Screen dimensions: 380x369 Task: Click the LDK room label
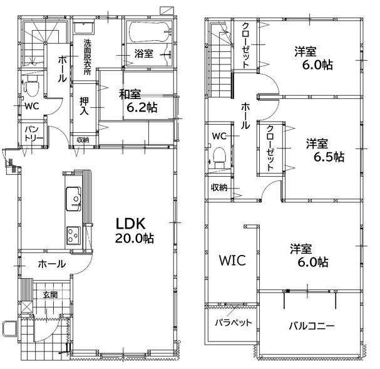[x=131, y=224]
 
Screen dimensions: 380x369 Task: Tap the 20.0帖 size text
[x=134, y=239]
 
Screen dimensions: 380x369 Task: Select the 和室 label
[x=130, y=95]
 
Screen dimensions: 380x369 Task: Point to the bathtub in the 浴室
[x=150, y=32]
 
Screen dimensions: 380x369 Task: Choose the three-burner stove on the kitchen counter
[x=74, y=235]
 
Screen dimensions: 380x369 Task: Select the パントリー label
[x=34, y=134]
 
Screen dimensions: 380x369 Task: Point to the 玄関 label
[x=51, y=295]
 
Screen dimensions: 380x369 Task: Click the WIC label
[x=232, y=261]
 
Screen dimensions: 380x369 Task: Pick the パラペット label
[x=234, y=323]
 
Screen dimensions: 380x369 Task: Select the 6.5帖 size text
[x=329, y=157]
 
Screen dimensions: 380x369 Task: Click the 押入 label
[x=85, y=107]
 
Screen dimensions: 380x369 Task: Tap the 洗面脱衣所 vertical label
[x=88, y=57]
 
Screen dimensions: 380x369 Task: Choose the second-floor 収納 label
[x=219, y=187]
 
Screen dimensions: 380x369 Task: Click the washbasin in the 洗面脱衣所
[x=84, y=28]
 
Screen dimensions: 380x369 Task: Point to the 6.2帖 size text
[x=142, y=107]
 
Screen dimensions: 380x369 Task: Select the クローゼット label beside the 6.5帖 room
[x=270, y=148]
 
